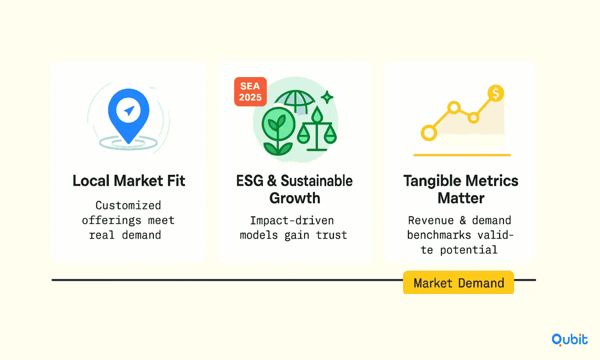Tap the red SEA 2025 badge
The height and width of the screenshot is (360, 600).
click(x=250, y=92)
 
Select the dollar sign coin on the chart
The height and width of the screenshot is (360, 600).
click(x=496, y=93)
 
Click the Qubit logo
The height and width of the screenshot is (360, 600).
click(x=569, y=340)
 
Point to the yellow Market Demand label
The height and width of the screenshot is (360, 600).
click(x=458, y=282)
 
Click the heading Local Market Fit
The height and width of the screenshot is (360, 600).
click(x=129, y=180)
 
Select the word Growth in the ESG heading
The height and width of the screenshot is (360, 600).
click(x=295, y=198)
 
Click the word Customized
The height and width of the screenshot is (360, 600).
click(x=128, y=205)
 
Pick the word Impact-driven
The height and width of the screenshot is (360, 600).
click(x=292, y=220)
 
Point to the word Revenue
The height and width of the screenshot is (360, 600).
click(x=431, y=220)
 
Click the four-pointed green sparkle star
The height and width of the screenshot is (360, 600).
click(x=327, y=97)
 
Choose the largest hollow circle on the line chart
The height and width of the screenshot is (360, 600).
click(x=429, y=133)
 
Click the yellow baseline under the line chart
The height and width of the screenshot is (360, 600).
click(x=462, y=155)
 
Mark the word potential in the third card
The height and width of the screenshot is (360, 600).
click(x=468, y=250)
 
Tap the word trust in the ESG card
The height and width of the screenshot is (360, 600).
click(x=331, y=235)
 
